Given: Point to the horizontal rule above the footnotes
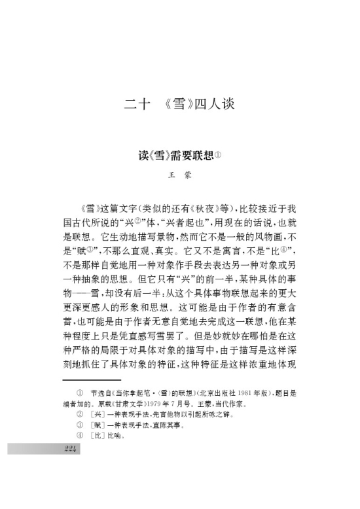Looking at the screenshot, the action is pos(92,379).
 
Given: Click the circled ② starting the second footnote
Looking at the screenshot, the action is pos(80,414).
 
